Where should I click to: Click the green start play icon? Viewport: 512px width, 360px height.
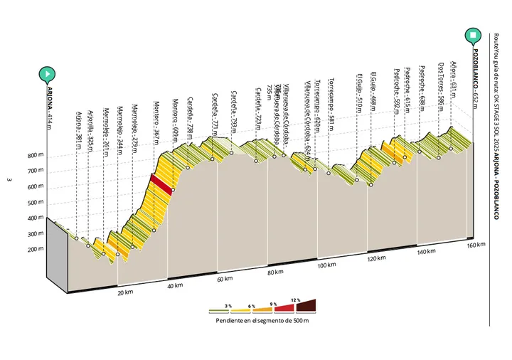(48, 73)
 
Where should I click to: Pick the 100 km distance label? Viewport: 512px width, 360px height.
(326, 266)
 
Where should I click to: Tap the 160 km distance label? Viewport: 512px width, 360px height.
(476, 245)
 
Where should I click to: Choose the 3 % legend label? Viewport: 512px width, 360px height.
(228, 305)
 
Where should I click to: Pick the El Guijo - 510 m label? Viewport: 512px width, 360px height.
(361, 89)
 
